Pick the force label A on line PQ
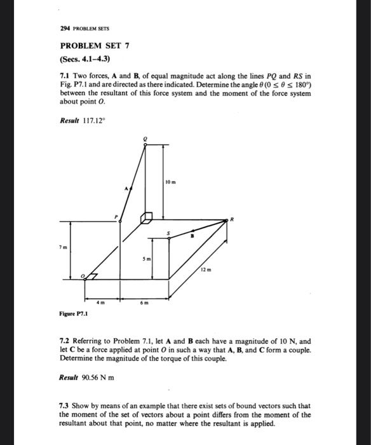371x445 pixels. pos(126,189)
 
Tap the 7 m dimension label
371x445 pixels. pos(62,246)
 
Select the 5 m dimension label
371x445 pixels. pos(146,260)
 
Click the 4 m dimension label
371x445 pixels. pos(100,304)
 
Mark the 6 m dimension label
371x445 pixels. pos(144,304)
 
